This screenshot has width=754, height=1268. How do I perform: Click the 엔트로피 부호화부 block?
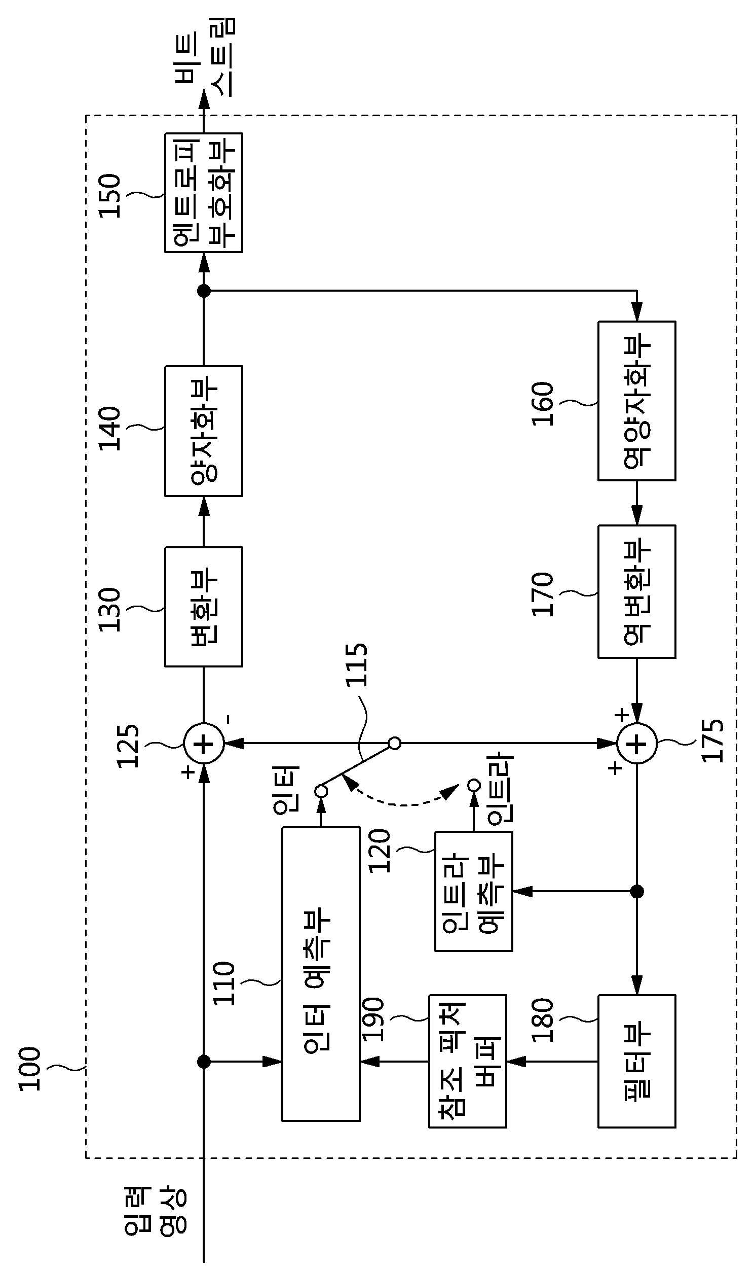204,193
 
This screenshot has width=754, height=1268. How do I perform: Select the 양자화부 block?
204,431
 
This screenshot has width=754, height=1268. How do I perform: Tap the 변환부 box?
204,607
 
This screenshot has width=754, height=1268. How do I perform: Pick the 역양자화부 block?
636,401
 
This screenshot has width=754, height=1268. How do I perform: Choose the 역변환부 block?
636,592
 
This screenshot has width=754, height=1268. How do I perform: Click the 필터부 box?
636,1061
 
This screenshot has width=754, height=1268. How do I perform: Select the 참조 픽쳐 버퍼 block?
467,1061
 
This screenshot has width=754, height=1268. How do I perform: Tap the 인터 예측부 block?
321,974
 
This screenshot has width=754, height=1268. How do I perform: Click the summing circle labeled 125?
204,744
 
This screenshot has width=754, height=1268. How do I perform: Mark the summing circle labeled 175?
636,744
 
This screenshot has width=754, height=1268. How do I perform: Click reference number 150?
110,196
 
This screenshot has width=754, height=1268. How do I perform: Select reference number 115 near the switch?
357,665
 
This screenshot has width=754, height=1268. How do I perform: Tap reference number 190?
373,1019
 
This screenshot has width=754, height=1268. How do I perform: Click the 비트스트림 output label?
205,57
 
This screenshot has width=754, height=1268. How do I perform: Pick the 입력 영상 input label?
155,1211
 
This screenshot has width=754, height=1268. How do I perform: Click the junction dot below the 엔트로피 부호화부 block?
204,291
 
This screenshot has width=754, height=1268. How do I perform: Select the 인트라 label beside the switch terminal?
501,788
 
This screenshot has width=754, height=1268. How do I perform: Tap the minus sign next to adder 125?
229,719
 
